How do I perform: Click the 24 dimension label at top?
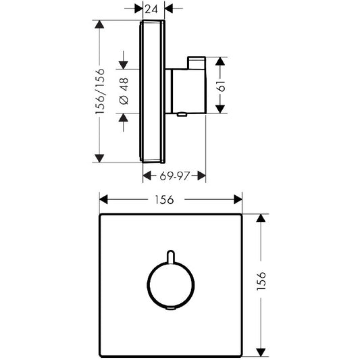pos(152,9)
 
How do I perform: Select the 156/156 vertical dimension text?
pos(100,91)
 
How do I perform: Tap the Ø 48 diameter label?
pos(124,91)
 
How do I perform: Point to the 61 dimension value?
pos(222,86)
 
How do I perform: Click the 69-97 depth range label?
pos(175,176)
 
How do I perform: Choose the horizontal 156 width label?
pos(164,200)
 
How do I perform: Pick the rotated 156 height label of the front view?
pos(261,281)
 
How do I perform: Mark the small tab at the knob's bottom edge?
pos(171,308)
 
